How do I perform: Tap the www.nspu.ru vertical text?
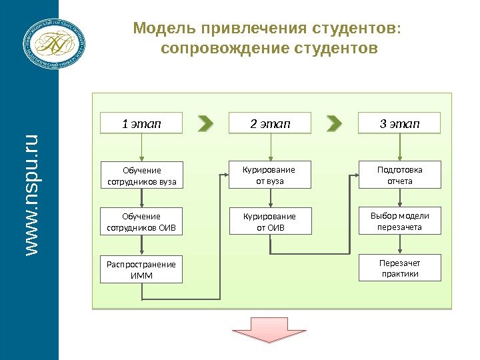click(30, 194)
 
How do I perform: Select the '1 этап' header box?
click(141, 123)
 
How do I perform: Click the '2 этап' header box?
click(270, 123)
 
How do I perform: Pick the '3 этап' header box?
click(399, 123)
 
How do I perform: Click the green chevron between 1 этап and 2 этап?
click(206, 124)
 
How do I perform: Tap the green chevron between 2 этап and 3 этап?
click(335, 124)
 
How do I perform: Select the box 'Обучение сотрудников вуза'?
click(142, 175)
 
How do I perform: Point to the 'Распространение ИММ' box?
click(141, 269)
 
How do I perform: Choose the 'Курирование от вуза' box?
click(270, 175)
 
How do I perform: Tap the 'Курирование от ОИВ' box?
click(270, 222)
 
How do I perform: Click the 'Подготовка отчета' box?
click(400, 175)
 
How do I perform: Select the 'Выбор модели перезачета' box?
click(400, 221)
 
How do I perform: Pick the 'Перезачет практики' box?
click(400, 268)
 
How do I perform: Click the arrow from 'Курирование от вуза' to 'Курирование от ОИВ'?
click(270, 199)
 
